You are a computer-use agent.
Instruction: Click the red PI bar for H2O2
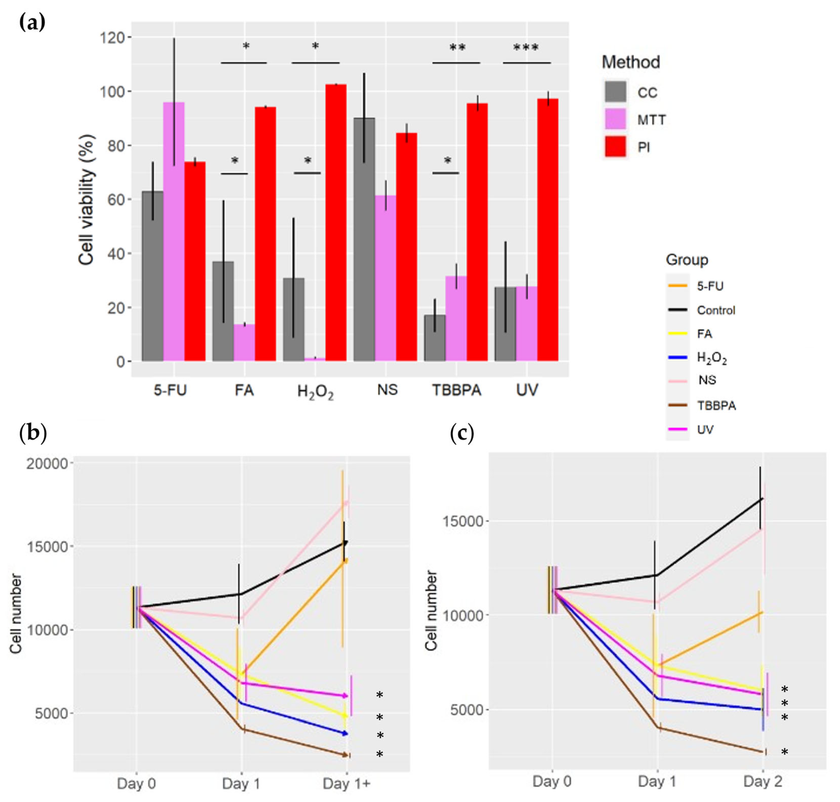(x=336, y=222)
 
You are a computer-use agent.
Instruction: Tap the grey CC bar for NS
(x=364, y=239)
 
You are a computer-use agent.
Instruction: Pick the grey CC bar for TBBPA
(x=435, y=338)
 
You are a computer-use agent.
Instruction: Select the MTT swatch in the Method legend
(x=616, y=120)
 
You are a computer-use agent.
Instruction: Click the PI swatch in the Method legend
(x=616, y=148)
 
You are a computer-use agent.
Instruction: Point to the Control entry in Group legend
(x=716, y=310)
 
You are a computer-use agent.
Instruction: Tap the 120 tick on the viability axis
(x=113, y=38)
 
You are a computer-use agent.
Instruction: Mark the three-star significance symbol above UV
(x=526, y=48)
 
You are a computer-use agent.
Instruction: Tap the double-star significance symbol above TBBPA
(x=457, y=48)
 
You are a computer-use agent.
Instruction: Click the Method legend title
(x=631, y=62)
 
